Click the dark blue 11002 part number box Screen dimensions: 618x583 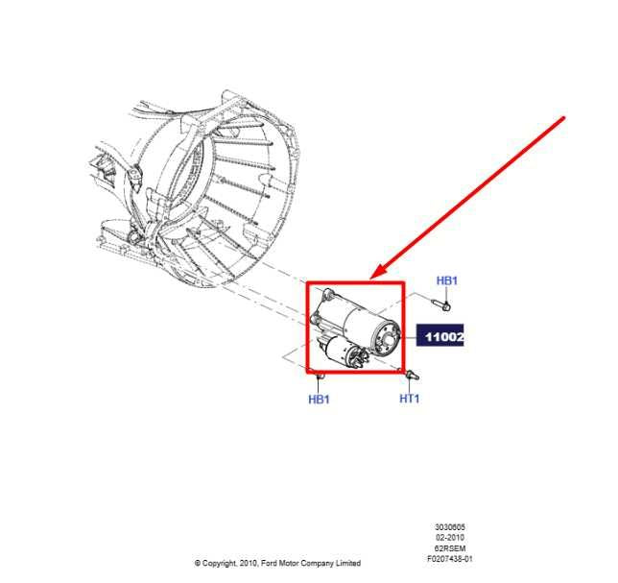[440, 335]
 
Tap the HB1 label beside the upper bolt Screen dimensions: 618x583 [446, 280]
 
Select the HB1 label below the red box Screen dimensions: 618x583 [319, 400]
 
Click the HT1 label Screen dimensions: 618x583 [410, 399]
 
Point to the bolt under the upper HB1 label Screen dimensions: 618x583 [441, 304]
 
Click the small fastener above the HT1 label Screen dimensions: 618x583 [413, 375]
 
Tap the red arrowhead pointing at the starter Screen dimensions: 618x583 [379, 272]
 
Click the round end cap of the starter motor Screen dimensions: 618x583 [386, 338]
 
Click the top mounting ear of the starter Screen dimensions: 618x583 [328, 294]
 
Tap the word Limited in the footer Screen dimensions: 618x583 [348, 563]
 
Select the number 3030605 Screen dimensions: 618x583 [450, 527]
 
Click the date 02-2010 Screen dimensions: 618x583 [450, 537]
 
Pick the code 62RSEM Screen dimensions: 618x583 [450, 548]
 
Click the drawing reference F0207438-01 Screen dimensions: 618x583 [450, 559]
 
